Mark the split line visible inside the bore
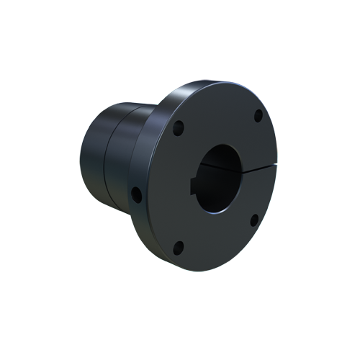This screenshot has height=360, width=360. pyautogui.click(x=216, y=167)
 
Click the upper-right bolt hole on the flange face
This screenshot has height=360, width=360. pyautogui.click(x=257, y=114)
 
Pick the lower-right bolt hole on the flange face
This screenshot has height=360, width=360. pyautogui.click(x=254, y=220)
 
